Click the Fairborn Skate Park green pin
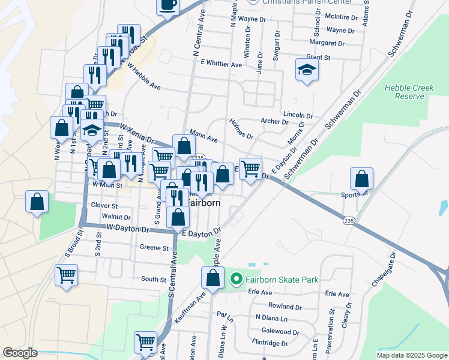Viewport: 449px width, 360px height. click(236, 280)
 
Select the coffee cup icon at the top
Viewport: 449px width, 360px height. click(168, 5)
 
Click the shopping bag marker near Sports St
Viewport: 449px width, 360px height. click(361, 179)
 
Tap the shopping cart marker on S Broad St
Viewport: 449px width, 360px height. click(66, 275)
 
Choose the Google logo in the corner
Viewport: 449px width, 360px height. click(20, 353)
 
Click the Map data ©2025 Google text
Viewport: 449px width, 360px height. click(411, 355)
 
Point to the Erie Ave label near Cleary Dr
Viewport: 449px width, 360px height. click(336, 294)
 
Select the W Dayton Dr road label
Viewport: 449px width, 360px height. click(127, 229)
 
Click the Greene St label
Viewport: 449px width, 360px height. click(154, 247)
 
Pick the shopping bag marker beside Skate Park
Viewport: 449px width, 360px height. click(212, 278)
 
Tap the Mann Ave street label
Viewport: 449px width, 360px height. click(203, 137)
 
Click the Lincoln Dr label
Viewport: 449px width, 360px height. click(298, 115)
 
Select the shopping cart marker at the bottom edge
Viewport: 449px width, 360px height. click(146, 343)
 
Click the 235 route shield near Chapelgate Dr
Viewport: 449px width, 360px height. click(349, 221)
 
